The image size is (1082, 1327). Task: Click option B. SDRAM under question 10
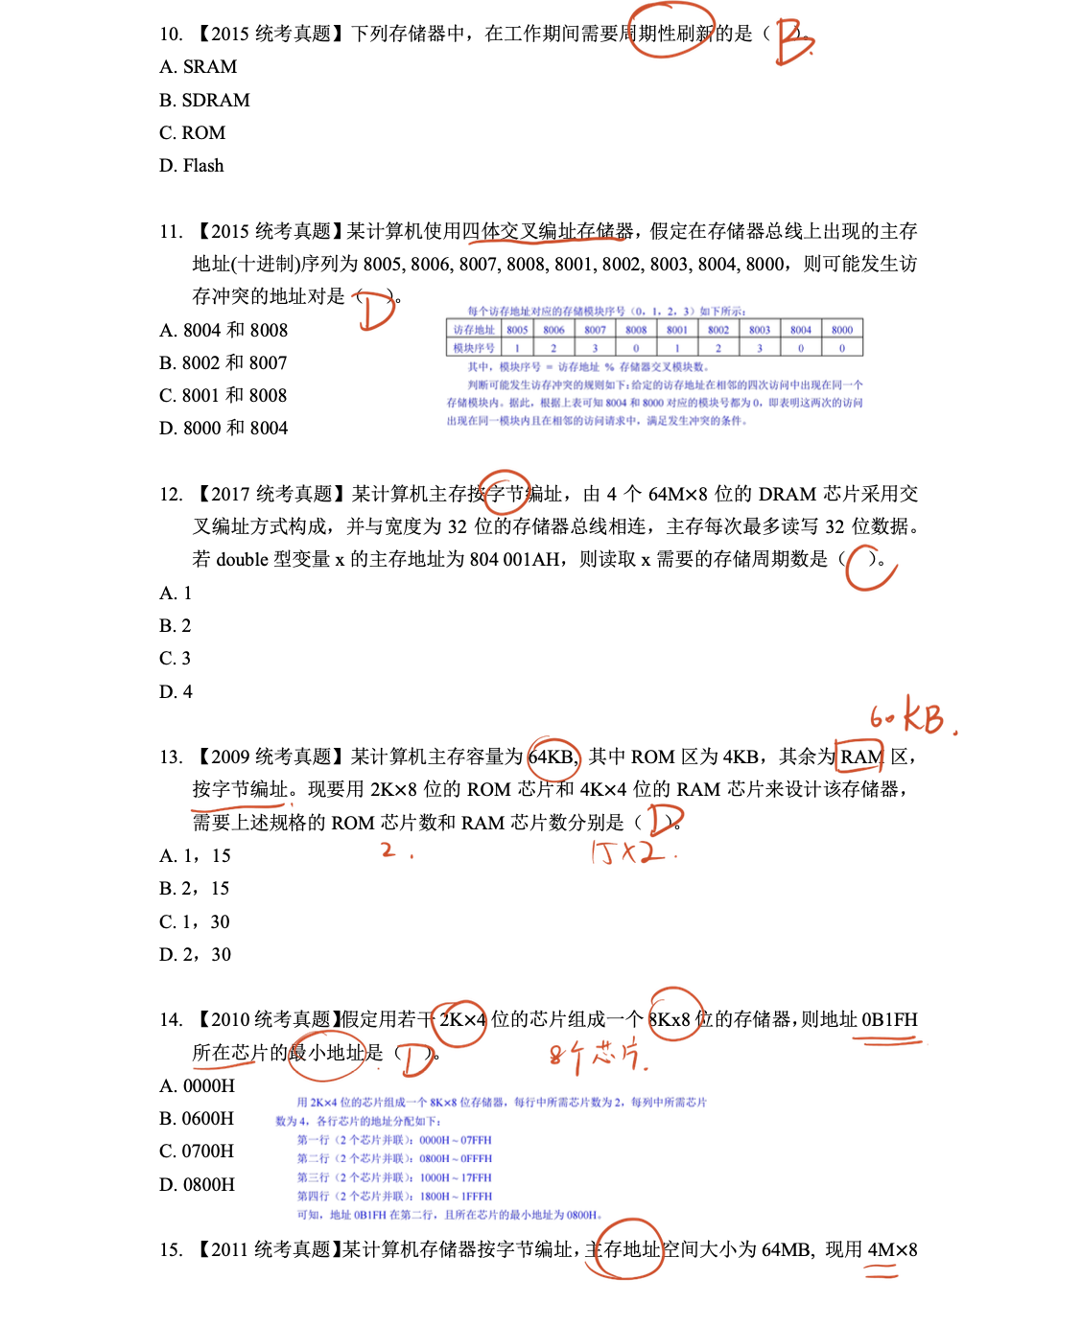coord(204,100)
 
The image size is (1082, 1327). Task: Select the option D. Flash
coord(192,166)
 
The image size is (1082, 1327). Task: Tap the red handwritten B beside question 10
coord(793,41)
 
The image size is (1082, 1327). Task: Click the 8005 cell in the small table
coord(517,330)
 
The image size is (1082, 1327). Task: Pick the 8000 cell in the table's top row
coord(842,330)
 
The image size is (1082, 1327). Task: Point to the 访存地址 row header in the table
coord(474,330)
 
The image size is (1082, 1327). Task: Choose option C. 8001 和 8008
coord(223,395)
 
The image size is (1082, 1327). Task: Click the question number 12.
coord(171,495)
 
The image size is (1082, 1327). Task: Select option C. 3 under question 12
coord(176,659)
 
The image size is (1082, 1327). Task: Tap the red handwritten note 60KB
coord(910,717)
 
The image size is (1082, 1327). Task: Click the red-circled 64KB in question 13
coord(553,757)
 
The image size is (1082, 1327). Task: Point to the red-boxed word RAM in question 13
coord(860,757)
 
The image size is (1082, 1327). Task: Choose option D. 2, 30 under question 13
coord(196,955)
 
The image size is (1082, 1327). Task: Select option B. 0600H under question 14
coord(197,1119)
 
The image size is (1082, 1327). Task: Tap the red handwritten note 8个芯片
coord(597,1055)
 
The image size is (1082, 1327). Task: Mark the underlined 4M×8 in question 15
coord(892,1250)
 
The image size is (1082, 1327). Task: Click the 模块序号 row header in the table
coord(474,348)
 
